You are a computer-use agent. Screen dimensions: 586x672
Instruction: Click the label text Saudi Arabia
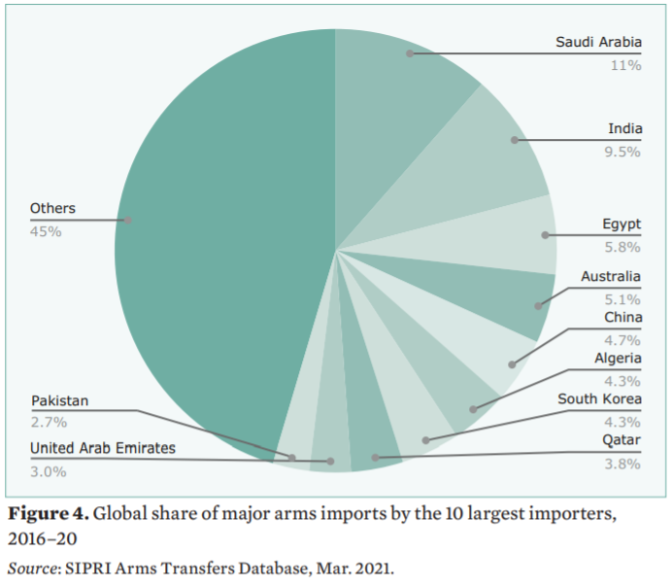click(x=598, y=43)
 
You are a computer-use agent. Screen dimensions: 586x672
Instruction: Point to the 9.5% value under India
click(x=624, y=152)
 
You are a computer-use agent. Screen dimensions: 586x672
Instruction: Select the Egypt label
click(x=622, y=225)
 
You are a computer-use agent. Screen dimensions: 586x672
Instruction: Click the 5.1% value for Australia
click(x=624, y=299)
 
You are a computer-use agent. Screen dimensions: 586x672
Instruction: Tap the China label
click(x=622, y=318)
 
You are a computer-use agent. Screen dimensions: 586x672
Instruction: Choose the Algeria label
click(x=618, y=359)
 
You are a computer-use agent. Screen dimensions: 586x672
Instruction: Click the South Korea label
click(x=599, y=399)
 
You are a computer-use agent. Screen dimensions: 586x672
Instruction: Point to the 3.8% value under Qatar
click(x=624, y=464)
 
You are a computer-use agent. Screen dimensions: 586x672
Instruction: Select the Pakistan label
click(x=60, y=400)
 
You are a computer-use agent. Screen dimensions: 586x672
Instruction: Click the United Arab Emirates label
click(x=102, y=448)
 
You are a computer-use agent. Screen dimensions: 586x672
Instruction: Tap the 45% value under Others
click(x=46, y=231)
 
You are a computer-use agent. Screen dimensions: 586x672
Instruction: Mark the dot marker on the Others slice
click(x=127, y=221)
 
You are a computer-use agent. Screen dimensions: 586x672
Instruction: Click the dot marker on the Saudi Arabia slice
click(x=410, y=53)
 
